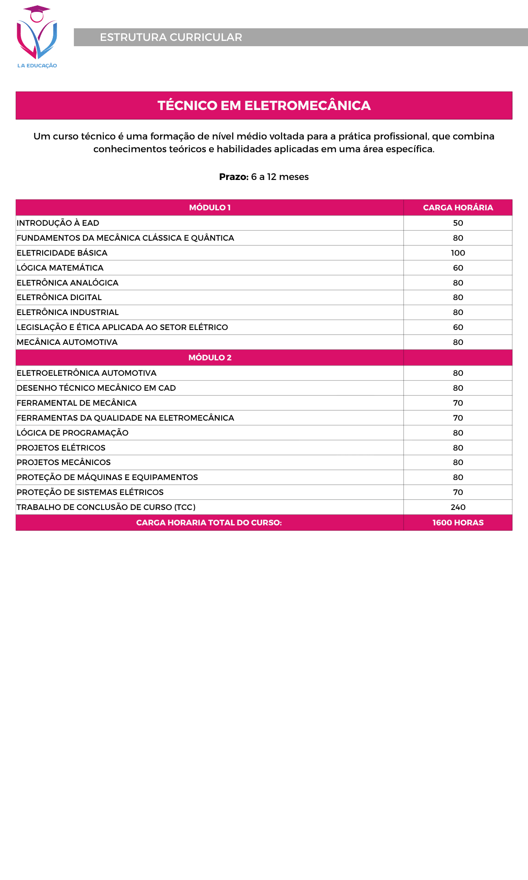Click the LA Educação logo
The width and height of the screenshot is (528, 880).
point(37,37)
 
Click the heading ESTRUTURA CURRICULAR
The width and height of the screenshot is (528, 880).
point(171,37)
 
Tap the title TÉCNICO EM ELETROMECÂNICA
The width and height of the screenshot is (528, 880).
point(264,106)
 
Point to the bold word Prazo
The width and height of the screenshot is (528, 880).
point(234,177)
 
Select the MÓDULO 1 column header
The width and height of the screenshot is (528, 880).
point(210,208)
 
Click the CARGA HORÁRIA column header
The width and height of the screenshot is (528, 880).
point(458,208)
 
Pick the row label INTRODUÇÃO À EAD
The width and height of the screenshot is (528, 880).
point(58,223)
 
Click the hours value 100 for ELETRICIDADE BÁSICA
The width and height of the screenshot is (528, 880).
point(458,253)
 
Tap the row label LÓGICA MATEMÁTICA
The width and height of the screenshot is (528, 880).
point(60,268)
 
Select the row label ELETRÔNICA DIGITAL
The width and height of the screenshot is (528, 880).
point(59,297)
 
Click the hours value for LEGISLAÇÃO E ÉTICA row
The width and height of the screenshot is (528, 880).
point(458,327)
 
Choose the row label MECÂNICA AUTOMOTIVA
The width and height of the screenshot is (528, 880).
point(67,342)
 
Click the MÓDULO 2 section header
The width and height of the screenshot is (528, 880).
point(210,358)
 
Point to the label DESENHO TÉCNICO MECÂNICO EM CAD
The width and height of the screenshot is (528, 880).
point(96,388)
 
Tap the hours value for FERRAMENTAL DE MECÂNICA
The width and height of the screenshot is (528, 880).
point(458,403)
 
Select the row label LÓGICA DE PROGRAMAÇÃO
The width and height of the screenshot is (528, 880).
point(73,433)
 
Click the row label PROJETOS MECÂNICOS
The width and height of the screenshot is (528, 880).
point(64,462)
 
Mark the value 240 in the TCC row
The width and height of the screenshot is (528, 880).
point(458,507)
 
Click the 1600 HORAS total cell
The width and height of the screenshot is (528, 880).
point(458,523)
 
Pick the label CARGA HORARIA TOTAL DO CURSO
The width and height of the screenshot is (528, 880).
point(209,523)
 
